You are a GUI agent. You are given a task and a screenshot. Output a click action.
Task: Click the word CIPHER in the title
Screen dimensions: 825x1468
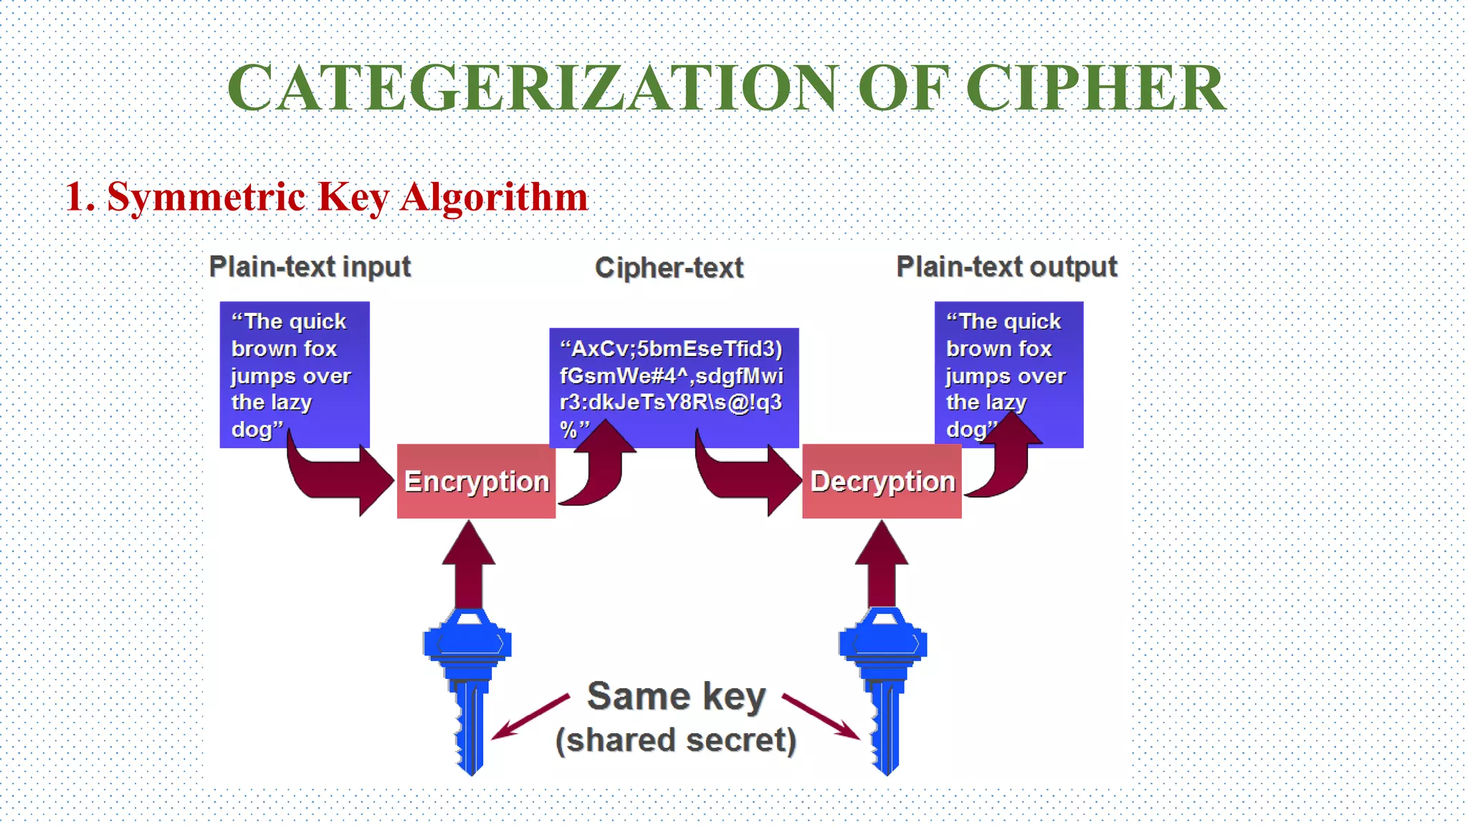pos(1096,88)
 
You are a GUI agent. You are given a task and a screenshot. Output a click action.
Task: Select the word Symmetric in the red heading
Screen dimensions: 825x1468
pos(206,197)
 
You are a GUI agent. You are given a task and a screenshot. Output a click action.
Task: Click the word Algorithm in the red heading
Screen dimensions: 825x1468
pos(494,197)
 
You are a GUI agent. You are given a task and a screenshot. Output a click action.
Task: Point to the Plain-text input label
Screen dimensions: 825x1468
pos(310,267)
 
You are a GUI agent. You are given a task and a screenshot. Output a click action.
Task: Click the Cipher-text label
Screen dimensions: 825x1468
pos(669,268)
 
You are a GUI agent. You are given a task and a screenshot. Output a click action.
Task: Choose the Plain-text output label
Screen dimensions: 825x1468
pos(1006,267)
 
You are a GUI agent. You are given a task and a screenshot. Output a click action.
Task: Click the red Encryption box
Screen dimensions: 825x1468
pos(476,481)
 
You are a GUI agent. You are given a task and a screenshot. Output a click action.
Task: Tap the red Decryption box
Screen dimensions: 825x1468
pos(882,481)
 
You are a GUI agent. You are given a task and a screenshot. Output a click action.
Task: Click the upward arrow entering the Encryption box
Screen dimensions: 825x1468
pos(469,566)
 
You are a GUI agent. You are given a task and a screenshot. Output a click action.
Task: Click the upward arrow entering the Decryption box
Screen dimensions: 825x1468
pos(882,566)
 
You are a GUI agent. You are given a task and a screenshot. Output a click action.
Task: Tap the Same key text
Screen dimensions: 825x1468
pos(676,697)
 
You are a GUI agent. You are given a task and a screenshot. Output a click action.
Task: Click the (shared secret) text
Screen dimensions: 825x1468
pos(676,740)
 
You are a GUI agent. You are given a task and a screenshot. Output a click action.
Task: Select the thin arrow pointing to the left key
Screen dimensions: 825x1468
pos(530,716)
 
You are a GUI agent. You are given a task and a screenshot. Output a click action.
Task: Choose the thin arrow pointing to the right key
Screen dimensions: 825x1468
pos(821,716)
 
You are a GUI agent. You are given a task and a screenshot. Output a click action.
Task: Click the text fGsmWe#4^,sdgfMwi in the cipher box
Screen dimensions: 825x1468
pos(671,376)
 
